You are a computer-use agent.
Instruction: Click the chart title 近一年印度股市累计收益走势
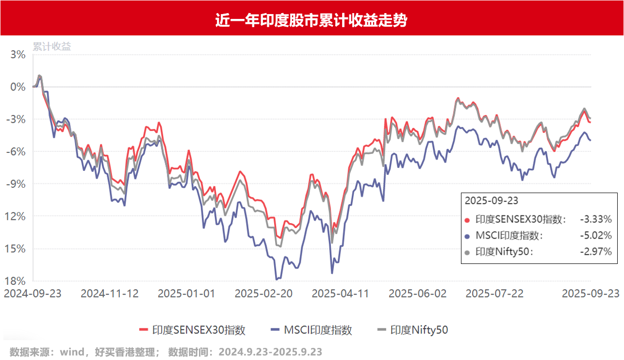click(x=312, y=21)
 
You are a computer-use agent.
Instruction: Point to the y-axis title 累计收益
click(x=52, y=47)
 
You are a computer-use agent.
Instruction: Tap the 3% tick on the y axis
click(x=18, y=54)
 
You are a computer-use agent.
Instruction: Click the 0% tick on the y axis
click(x=18, y=87)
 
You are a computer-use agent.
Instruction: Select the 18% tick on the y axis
click(x=16, y=281)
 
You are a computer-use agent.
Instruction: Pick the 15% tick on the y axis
click(x=16, y=248)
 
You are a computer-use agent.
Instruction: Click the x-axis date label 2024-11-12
click(x=110, y=294)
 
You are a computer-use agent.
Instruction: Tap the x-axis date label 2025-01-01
click(x=187, y=294)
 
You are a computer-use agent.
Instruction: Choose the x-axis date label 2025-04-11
click(x=341, y=294)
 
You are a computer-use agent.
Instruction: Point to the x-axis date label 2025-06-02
click(x=418, y=294)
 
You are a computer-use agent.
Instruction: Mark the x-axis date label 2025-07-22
click(x=494, y=294)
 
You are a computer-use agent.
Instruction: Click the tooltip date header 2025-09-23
click(x=492, y=200)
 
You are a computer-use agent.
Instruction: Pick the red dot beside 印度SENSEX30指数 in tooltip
click(x=468, y=220)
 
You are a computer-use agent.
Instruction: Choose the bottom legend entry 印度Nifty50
click(x=419, y=330)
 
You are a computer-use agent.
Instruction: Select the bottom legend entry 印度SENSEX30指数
click(x=199, y=330)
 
